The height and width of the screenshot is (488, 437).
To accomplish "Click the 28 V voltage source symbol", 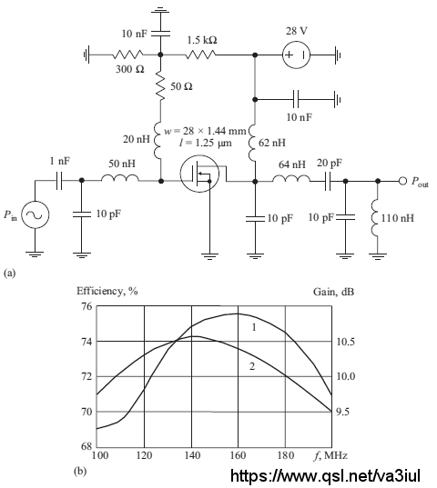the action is pyautogui.click(x=296, y=55).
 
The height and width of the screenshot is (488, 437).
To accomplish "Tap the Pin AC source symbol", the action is pyautogui.click(x=36, y=214).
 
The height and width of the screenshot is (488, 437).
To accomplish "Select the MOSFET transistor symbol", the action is pyautogui.click(x=199, y=174).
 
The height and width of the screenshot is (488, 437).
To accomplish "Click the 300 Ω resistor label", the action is pyautogui.click(x=130, y=69).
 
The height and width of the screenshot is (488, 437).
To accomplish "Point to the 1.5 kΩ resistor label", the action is pyautogui.click(x=202, y=40).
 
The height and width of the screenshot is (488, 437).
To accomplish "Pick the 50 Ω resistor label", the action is pyautogui.click(x=181, y=86).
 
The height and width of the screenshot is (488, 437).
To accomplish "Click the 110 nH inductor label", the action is pyautogui.click(x=398, y=218).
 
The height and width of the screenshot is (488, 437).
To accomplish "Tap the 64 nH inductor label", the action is pyautogui.click(x=291, y=164).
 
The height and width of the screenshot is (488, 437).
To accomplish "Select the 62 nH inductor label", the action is pyautogui.click(x=272, y=143).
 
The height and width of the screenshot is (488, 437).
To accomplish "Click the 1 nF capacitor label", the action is pyautogui.click(x=60, y=161).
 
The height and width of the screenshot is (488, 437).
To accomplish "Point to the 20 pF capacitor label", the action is pyautogui.click(x=330, y=163).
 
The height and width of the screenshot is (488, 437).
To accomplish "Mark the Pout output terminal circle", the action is pyautogui.click(x=402, y=181).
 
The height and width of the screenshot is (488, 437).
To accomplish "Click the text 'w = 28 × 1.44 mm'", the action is pyautogui.click(x=205, y=131).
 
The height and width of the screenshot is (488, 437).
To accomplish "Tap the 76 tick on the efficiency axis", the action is pyautogui.click(x=87, y=306).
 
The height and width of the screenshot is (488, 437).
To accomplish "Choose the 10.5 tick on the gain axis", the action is pyautogui.click(x=346, y=342).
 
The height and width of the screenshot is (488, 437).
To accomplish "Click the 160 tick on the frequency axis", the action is pyautogui.click(x=238, y=455).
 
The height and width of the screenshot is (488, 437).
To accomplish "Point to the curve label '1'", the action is pyautogui.click(x=254, y=327).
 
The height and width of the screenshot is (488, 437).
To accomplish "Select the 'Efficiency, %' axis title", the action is pyautogui.click(x=107, y=291).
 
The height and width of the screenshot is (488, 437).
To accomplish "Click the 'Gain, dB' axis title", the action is pyautogui.click(x=333, y=292).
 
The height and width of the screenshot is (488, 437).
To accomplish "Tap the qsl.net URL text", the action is pyautogui.click(x=325, y=475).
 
